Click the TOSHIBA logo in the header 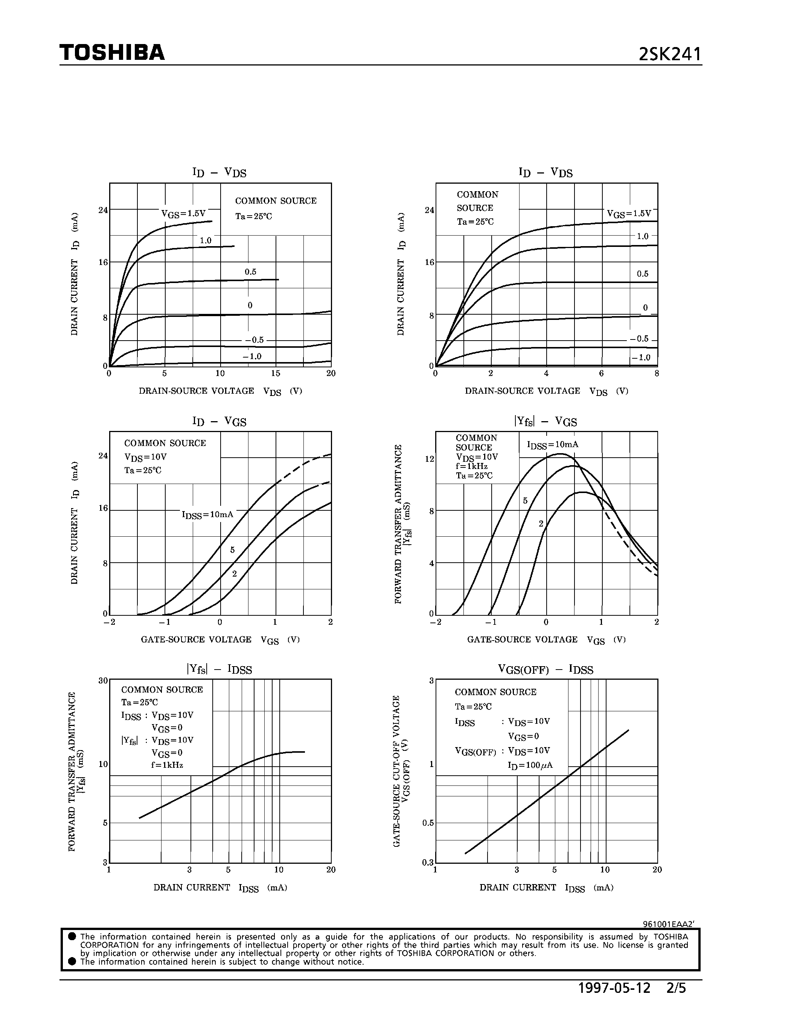coord(112,53)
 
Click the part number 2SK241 coord(669,55)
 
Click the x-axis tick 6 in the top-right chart coord(602,373)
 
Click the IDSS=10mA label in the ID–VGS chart coord(207,514)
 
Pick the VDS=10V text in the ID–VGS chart coord(145,457)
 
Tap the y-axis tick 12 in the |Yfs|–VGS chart coord(430,459)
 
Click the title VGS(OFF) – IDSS coord(546,669)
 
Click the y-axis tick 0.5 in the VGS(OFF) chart coord(428,823)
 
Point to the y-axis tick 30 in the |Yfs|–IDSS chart coord(103,680)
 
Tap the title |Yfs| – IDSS coord(219,669)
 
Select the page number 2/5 coord(676,989)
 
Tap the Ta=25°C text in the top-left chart coord(254,216)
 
